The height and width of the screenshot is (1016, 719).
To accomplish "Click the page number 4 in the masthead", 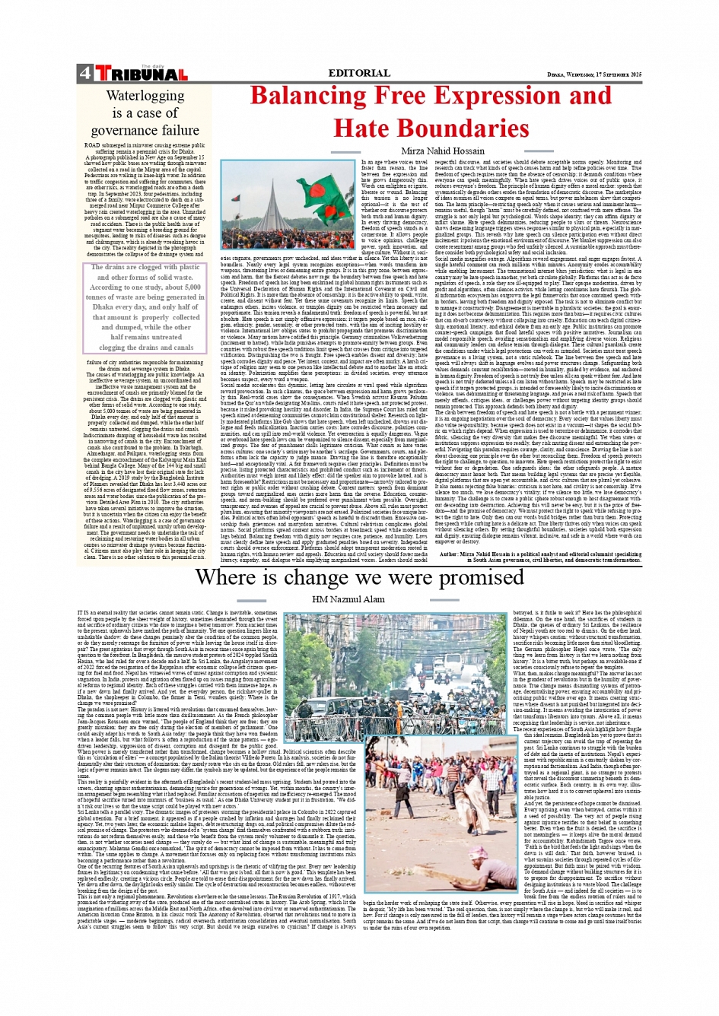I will pyautogui.click(x=84, y=74).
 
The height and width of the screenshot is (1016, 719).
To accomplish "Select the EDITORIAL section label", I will pyautogui.click(x=359, y=73).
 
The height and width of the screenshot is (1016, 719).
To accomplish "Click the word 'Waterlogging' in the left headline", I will pyautogui.click(x=145, y=95).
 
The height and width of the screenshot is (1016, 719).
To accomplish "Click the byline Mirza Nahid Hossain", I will pyautogui.click(x=442, y=151).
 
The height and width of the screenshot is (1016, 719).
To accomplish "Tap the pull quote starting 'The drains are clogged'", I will pyautogui.click(x=145, y=307).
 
